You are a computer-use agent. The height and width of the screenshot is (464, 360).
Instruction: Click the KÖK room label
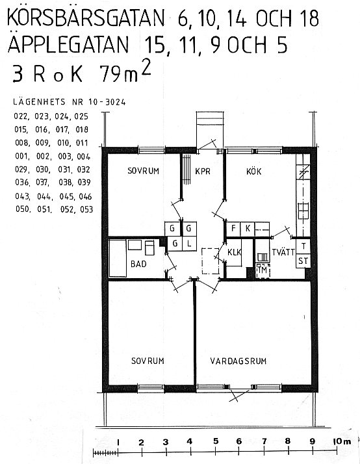pos(254,171)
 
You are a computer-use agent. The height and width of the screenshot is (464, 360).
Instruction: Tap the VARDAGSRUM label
pos(238,361)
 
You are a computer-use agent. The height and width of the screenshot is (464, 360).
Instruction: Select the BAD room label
pos(138,264)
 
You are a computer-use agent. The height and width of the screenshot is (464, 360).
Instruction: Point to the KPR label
pos(203,172)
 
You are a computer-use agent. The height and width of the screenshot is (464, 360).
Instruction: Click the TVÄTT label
pos(283,252)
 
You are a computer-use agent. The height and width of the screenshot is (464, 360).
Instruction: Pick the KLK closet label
pos(235,252)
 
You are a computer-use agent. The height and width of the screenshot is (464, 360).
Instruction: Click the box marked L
pos(189,244)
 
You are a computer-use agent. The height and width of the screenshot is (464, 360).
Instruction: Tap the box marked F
pos(233,229)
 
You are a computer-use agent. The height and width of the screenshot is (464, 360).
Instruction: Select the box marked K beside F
pos(248,229)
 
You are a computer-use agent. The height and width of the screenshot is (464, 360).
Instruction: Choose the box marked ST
pos(303,261)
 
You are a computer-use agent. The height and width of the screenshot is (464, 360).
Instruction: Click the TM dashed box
pos(263,270)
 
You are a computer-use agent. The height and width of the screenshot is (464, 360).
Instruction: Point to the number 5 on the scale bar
pos(216,441)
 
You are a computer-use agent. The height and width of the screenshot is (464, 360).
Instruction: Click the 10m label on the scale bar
pos(342,441)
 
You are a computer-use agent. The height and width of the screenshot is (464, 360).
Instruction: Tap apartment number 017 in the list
pos(62,129)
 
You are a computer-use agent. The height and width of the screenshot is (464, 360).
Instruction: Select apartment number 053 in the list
pos(86,209)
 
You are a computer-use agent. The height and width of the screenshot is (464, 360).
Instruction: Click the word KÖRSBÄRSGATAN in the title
pos(86,18)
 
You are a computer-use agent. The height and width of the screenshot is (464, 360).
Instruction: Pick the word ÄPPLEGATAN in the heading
pos(68,44)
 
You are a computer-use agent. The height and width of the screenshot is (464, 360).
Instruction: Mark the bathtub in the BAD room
pos(118,259)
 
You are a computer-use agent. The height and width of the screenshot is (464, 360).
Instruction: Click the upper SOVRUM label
pos(143,171)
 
